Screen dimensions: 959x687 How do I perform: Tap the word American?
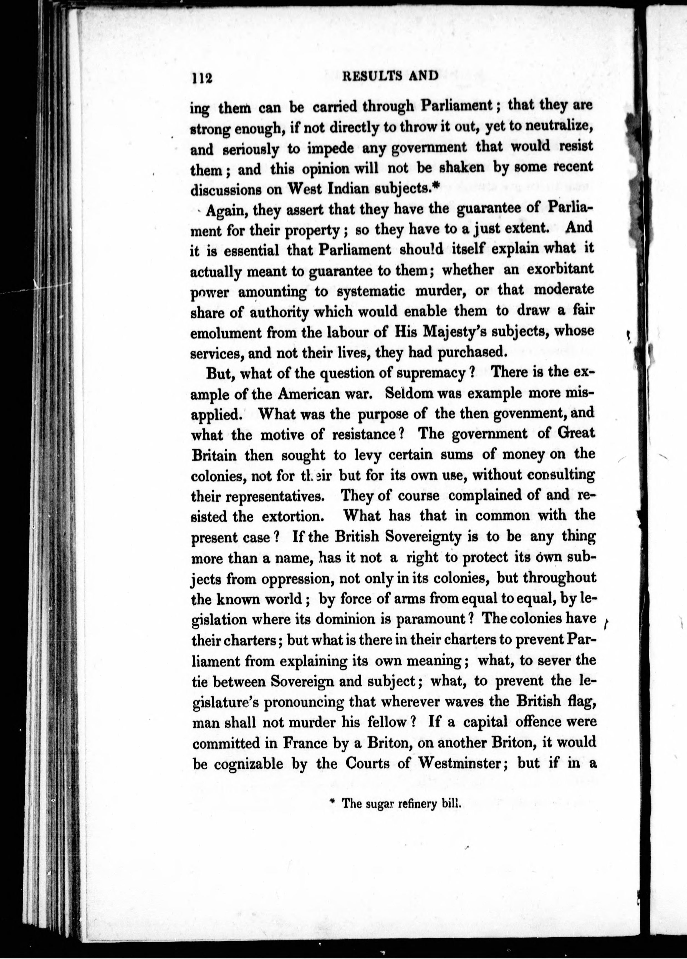315,394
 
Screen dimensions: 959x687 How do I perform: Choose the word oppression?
294,579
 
